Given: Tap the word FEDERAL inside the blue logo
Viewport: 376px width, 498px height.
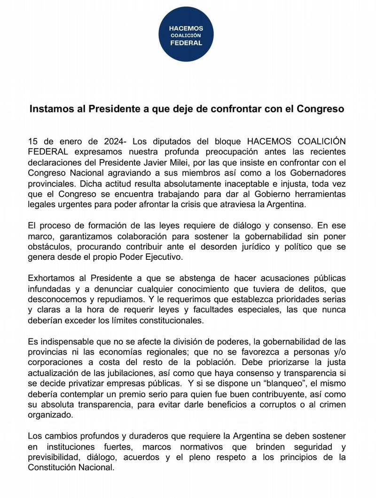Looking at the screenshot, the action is click(186, 43).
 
